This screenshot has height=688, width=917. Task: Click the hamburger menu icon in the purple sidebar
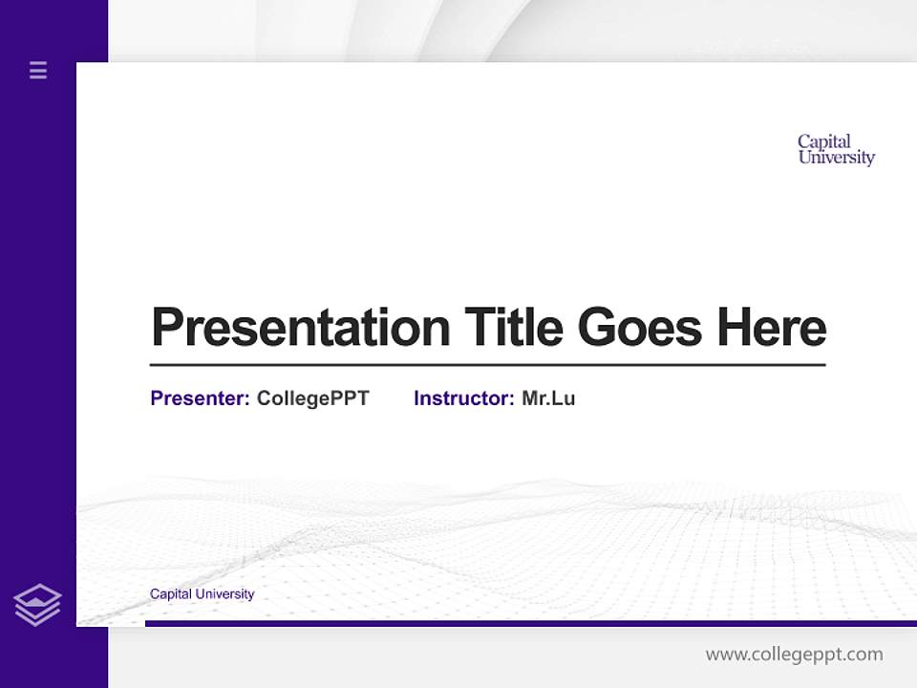click(x=38, y=70)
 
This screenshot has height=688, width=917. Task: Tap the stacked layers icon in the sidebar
click(x=37, y=605)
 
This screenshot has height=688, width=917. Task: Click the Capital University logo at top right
click(x=836, y=150)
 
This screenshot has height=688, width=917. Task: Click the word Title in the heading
click(x=513, y=328)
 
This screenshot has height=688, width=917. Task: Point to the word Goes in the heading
click(x=640, y=328)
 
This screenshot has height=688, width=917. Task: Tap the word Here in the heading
click(x=772, y=328)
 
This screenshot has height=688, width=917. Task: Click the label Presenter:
click(x=200, y=398)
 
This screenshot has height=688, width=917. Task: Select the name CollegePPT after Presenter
click(x=312, y=398)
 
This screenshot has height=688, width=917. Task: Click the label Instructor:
click(x=463, y=398)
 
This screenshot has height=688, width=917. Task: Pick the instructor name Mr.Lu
click(x=548, y=398)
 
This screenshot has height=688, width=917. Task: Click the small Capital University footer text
click(x=202, y=594)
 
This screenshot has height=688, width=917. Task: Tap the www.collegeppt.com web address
click(x=794, y=655)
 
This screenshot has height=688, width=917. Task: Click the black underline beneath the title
click(x=487, y=365)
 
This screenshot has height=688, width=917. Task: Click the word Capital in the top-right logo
click(x=823, y=141)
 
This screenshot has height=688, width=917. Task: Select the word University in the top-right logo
click(x=836, y=158)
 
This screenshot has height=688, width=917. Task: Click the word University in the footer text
click(x=224, y=594)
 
